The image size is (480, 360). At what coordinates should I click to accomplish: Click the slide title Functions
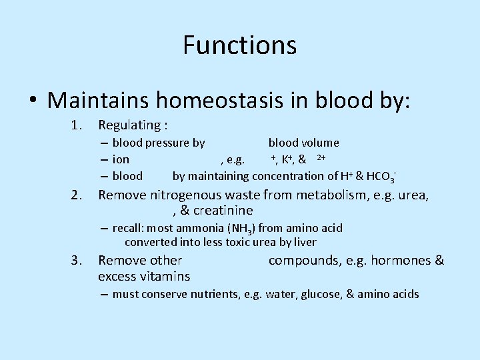tap(239, 45)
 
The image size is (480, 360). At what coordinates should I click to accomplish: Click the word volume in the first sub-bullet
tap(322, 143)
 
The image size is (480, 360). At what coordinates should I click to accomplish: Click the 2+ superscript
tap(321, 157)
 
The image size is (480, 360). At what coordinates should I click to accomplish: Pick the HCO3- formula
tap(381, 177)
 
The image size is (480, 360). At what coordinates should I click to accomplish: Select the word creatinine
tap(223, 211)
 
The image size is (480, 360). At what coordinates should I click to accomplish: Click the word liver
tap(303, 242)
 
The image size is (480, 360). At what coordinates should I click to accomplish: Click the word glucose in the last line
tap(317, 294)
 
